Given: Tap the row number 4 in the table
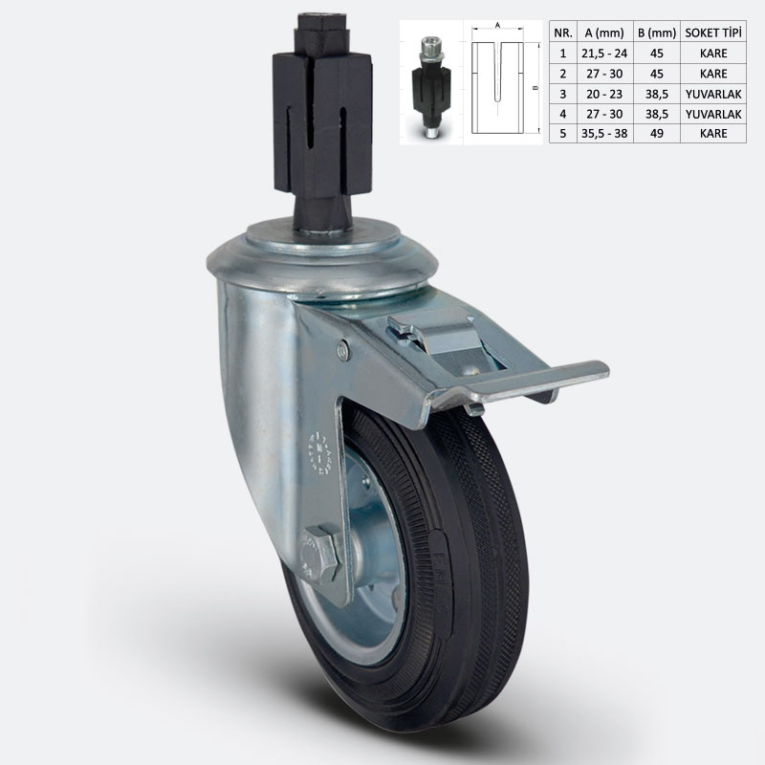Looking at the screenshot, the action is (562, 114).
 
